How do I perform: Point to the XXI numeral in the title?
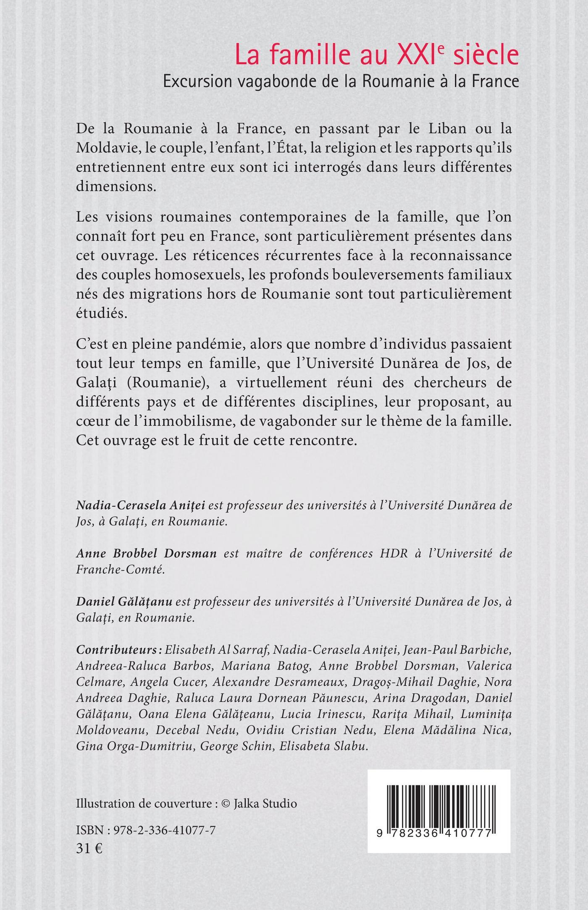(x=409, y=56)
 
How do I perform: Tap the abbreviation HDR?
(x=390, y=554)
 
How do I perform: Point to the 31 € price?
(x=89, y=848)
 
